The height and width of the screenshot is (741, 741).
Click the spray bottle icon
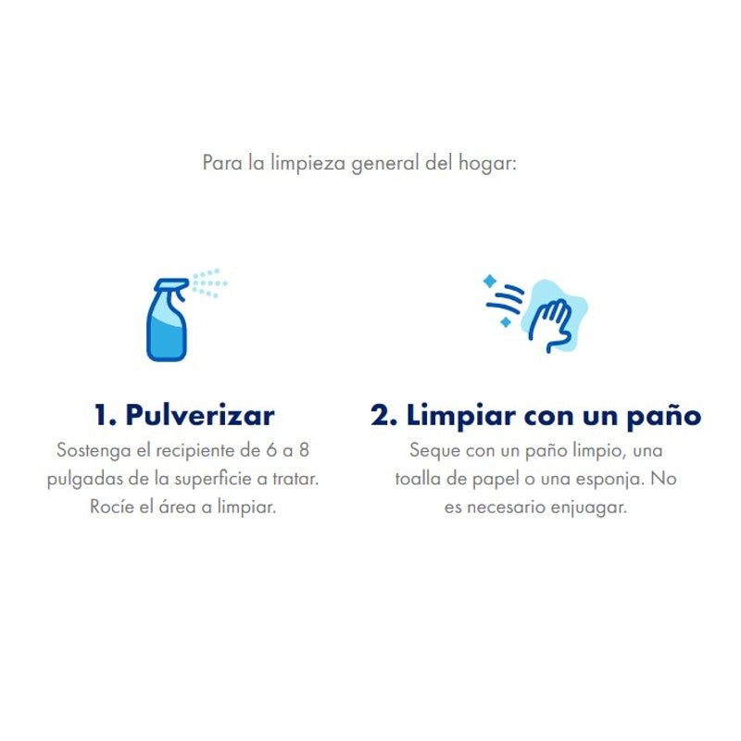168,320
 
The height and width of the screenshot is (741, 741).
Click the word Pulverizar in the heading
200,414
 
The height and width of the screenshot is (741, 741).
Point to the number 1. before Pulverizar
106,414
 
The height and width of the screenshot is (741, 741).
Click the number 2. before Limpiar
383,414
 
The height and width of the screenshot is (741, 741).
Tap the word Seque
433,451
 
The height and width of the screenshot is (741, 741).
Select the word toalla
418,480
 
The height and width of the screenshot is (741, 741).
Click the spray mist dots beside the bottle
209,282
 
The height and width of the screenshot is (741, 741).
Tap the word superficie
216,480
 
